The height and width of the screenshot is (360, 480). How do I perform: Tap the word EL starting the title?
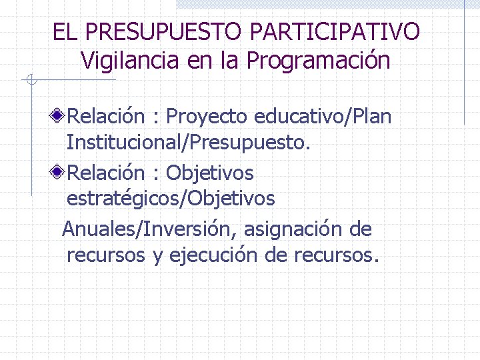pos(65,31)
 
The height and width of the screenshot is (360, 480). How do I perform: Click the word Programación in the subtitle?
pos(318,61)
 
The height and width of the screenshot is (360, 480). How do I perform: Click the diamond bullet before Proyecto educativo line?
pos(59,117)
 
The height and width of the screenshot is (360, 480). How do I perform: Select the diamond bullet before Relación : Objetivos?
pos(59,173)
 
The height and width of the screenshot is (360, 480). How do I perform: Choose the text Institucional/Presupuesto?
pos(189,142)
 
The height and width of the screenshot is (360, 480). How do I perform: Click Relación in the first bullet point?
pos(106,117)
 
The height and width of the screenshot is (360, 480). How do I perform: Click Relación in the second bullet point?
pos(106,173)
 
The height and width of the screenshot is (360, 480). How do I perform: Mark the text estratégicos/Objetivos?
pos(171,199)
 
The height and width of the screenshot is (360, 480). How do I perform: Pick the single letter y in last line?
pos(157,257)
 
